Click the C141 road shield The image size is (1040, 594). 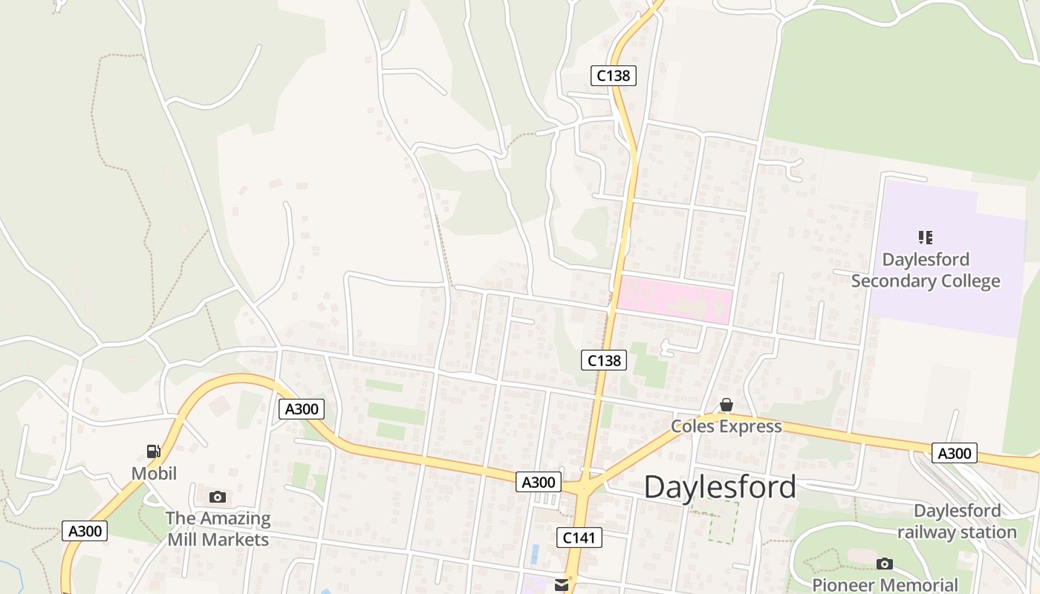(579, 538)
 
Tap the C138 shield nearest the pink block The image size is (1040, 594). (603, 360)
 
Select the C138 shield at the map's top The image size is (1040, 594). (614, 75)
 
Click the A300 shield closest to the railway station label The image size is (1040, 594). (954, 453)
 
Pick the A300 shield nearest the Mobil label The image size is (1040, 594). (86, 531)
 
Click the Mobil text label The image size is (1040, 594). (154, 473)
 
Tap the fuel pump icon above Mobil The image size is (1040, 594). (154, 451)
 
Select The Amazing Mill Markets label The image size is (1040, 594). (218, 529)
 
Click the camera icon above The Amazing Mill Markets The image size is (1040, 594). (217, 497)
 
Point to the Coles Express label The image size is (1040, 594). (726, 426)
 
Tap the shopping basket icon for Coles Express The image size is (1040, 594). (726, 405)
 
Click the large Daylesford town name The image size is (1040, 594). (720, 487)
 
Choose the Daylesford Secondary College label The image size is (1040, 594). (925, 270)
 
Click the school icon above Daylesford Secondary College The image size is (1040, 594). (925, 238)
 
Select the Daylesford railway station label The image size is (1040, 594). (957, 521)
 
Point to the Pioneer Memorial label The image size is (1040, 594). (885, 584)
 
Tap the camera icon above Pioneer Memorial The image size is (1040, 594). (884, 564)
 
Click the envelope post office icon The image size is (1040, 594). (562, 585)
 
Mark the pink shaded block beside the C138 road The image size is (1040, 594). (675, 298)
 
